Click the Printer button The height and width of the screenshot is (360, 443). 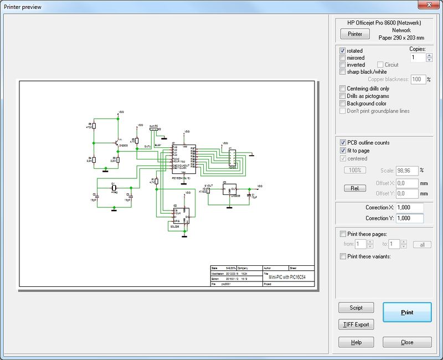[x=354, y=34]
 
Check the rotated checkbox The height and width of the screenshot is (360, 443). [x=343, y=51]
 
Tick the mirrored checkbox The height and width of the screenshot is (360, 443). [x=343, y=58]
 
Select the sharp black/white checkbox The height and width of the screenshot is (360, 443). [x=343, y=71]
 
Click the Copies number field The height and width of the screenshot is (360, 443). [x=418, y=57]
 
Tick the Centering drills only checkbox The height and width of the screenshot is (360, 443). [x=343, y=89]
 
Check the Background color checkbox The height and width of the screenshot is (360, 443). [x=343, y=104]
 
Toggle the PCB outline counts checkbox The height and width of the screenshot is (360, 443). [x=343, y=143]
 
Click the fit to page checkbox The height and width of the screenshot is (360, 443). [x=343, y=151]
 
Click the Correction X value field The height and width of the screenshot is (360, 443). [x=410, y=208]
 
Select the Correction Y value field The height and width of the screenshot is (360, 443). [x=410, y=218]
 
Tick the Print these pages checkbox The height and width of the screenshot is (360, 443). [x=343, y=234]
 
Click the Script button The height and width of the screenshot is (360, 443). [x=356, y=307]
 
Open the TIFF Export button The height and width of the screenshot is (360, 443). [x=356, y=325]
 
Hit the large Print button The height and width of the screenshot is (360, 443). [x=406, y=312]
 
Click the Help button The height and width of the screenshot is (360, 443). [x=356, y=342]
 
